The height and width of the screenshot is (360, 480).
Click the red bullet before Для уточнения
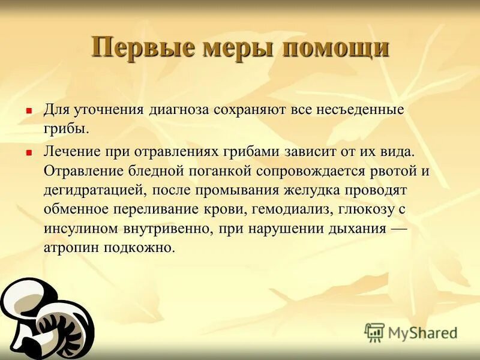click(x=28, y=111)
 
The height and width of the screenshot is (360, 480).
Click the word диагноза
click(x=180, y=110)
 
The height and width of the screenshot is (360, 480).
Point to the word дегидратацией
click(x=92, y=190)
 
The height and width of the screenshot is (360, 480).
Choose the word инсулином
click(x=79, y=229)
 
